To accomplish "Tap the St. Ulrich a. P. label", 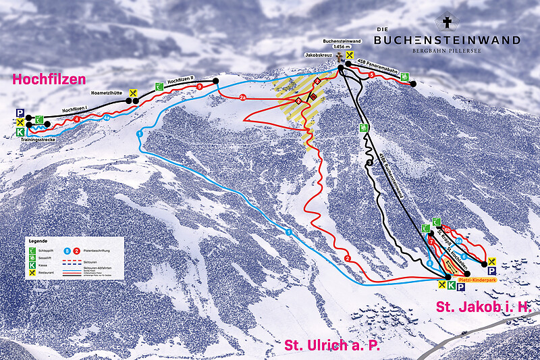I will (332, 345).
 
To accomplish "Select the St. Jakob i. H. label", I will (479, 307).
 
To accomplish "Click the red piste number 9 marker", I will (199, 87).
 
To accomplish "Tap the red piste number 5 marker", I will (372, 74).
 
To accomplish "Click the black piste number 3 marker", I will (370, 163).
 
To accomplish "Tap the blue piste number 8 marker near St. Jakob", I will (429, 263).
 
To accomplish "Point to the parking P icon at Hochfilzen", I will (20, 113).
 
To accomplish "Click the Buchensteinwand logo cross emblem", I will (447, 23).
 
